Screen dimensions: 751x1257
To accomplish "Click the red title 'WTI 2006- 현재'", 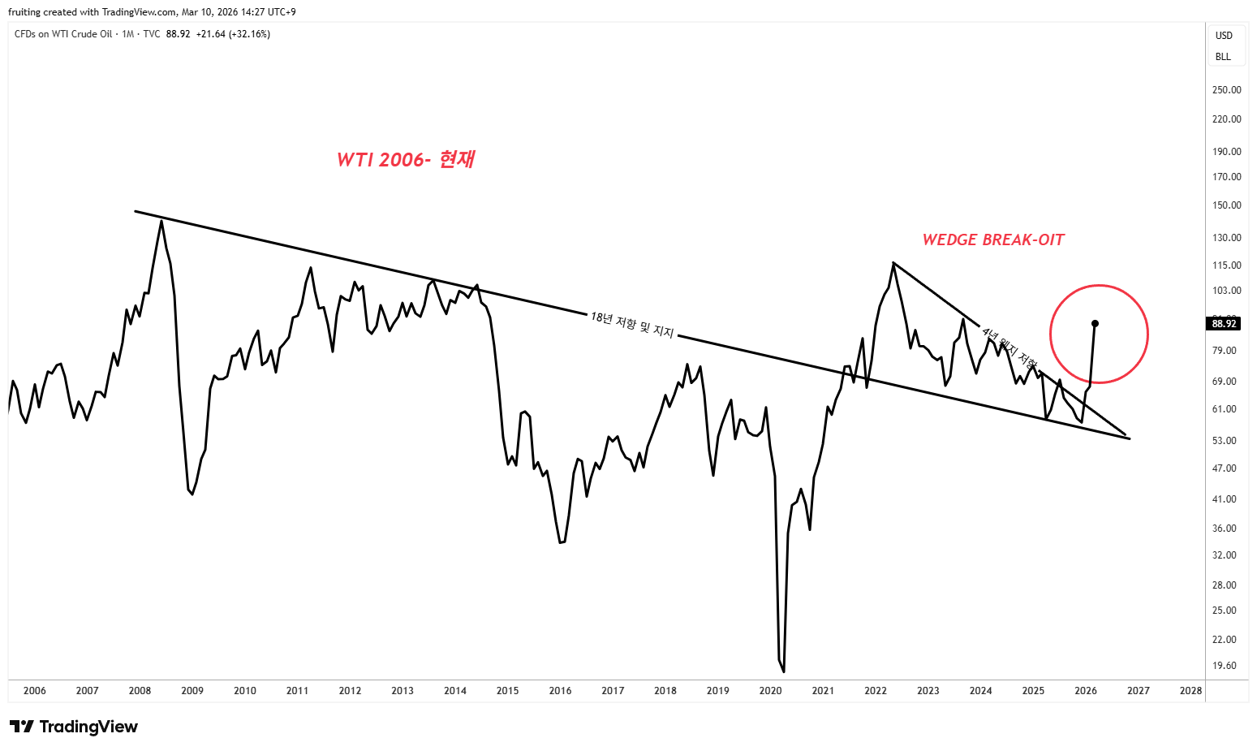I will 406,159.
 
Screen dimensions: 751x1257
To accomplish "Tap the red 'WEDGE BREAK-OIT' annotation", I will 992,240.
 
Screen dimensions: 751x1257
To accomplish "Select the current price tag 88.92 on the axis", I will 1224,323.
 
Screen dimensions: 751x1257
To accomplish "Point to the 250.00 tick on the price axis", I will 1226,90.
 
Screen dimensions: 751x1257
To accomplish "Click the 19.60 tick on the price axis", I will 1224,666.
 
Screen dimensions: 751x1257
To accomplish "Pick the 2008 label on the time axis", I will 140,691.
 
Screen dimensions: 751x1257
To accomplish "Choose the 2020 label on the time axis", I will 770,691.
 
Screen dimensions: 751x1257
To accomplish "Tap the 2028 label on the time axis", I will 1190,691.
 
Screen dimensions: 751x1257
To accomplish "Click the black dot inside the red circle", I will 1095,323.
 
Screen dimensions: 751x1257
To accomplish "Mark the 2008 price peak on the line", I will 161,221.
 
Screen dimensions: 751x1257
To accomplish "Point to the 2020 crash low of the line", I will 783,671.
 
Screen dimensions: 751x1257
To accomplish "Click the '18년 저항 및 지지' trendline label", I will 632,325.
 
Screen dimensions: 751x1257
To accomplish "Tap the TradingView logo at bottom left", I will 74,727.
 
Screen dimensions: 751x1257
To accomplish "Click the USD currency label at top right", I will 1224,36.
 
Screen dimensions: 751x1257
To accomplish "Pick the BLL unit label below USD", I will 1223,57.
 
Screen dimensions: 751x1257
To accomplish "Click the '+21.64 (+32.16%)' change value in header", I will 233,34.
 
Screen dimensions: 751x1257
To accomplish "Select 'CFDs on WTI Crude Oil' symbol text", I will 63,34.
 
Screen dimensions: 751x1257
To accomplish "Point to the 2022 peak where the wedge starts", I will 893,263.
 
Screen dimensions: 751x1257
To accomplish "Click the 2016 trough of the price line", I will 561,542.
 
